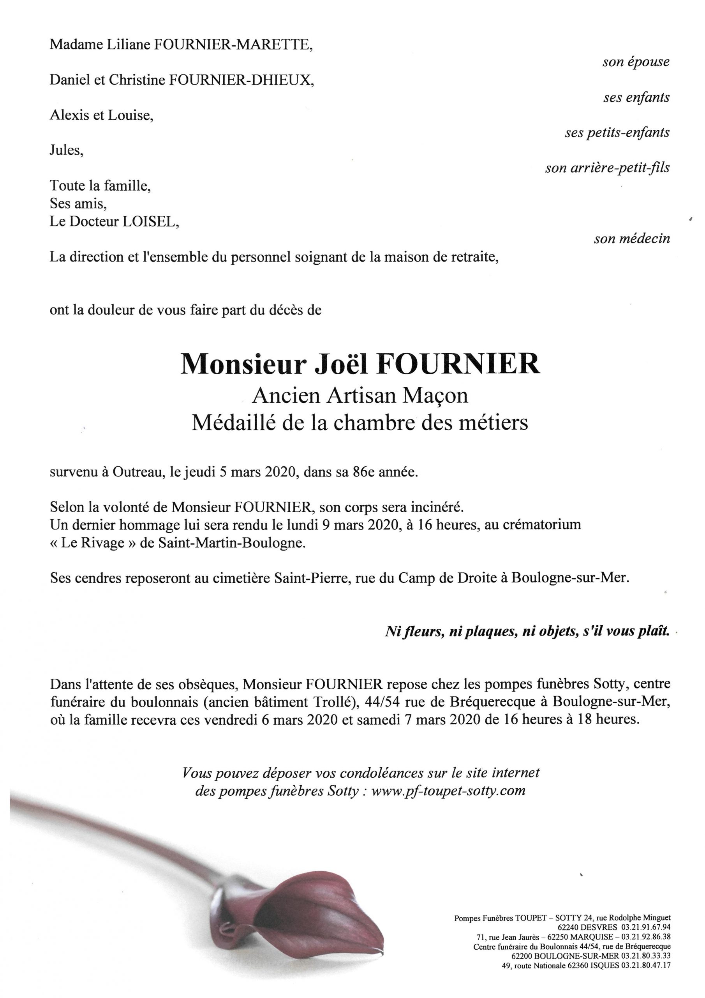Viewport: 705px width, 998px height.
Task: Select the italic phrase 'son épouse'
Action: click(636, 62)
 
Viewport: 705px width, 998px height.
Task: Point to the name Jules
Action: click(65, 151)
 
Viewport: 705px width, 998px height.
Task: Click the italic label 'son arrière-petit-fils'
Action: click(607, 168)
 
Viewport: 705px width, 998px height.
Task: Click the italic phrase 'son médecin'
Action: click(632, 239)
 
